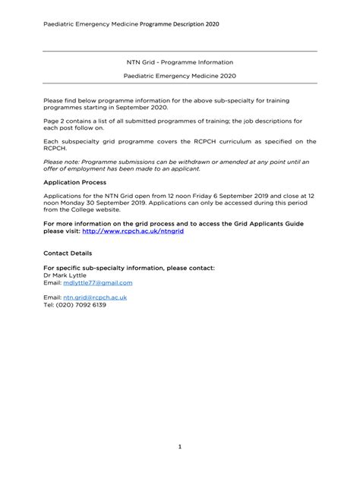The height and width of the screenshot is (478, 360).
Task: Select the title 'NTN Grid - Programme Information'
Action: pos(179,61)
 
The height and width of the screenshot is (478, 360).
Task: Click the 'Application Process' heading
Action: pos(75,183)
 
